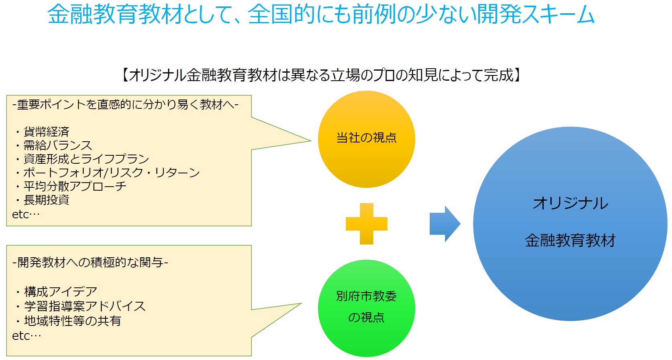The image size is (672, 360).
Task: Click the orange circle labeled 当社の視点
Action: click(366, 139)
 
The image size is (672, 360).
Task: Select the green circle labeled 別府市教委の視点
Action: click(366, 308)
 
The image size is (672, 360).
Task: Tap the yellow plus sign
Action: click(366, 224)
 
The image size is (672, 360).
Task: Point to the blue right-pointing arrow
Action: click(445, 224)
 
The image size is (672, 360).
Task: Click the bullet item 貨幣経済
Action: click(46, 132)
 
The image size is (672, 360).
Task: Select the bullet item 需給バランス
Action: click(57, 145)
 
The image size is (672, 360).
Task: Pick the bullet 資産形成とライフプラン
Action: click(86, 159)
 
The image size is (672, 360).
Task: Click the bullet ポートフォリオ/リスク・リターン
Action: click(111, 173)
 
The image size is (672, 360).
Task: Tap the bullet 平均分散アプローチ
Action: click(75, 186)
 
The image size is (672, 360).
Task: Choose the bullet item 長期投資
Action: click(46, 200)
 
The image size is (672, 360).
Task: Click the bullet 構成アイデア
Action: click(60, 291)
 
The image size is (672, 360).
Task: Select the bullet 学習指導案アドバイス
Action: click(84, 306)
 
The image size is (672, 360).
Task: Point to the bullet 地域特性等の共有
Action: click(72, 321)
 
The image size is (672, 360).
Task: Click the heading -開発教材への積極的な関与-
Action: click(90, 262)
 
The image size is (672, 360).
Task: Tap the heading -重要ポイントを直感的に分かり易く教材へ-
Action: click(126, 105)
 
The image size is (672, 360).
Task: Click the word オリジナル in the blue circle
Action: click(570, 203)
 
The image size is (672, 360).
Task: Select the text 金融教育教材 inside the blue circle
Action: click(570, 240)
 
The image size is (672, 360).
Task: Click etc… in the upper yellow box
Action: click(26, 214)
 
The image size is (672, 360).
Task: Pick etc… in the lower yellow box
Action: click(26, 336)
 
